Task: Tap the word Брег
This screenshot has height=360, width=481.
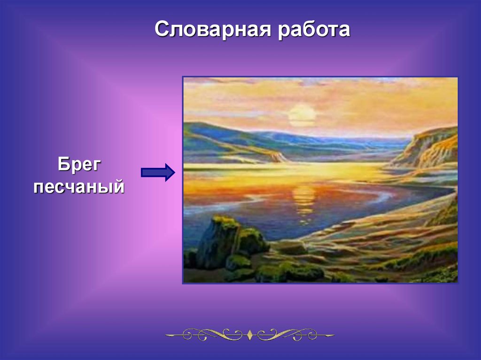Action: click(x=79, y=165)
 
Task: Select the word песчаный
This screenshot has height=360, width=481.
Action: click(x=79, y=186)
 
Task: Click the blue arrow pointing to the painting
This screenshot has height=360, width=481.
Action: click(x=158, y=172)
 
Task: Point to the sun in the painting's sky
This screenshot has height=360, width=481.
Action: click(x=302, y=115)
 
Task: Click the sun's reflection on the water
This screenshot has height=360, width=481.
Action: click(x=304, y=200)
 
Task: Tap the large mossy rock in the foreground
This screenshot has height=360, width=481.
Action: click(x=221, y=242)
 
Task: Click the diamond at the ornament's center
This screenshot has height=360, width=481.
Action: click(x=250, y=335)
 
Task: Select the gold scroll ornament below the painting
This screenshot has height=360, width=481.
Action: click(x=250, y=335)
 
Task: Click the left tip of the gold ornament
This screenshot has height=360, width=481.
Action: click(x=166, y=335)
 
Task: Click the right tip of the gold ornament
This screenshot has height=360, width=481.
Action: click(x=334, y=335)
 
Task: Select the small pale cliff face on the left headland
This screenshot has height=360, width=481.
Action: click(x=279, y=157)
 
